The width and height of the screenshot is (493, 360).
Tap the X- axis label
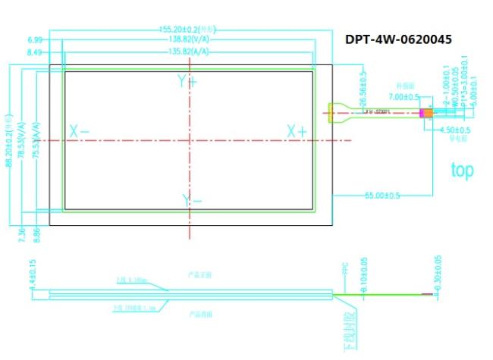79,131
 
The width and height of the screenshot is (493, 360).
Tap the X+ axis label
297,131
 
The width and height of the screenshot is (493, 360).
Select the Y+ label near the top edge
187,81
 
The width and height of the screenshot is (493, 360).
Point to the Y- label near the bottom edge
191,200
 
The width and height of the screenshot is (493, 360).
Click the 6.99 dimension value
35,39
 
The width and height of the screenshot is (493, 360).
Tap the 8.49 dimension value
35,52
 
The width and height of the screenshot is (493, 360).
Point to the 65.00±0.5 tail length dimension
383,196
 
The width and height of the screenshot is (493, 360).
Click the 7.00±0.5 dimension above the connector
404,97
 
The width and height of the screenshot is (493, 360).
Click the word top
462,170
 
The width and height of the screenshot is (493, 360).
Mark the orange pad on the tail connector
427,114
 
